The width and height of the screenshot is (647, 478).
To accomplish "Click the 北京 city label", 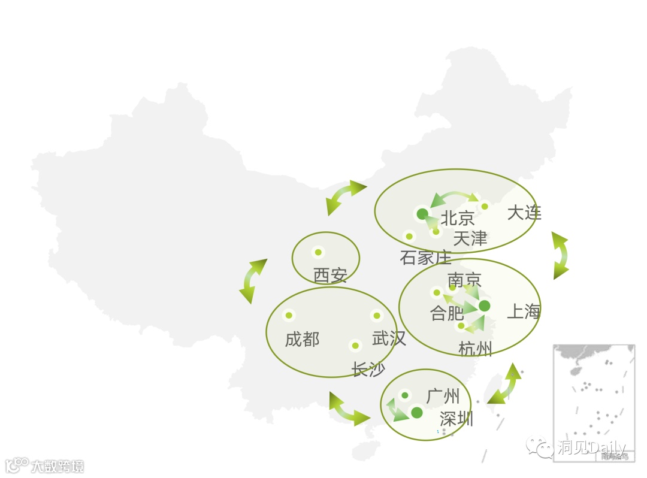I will point(458,218).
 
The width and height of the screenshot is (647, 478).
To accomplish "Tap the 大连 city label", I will point(524,213).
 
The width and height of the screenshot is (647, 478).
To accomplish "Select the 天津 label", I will point(470,238).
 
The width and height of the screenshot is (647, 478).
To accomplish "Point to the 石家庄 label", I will point(425,258).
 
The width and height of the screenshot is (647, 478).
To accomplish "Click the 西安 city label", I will point(330,276).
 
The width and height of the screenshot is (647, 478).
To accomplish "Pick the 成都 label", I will point(302,340).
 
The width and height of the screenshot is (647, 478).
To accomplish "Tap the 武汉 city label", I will point(389,338).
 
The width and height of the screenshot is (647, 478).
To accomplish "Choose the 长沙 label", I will point(368,370).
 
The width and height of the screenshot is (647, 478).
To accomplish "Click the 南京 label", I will point(464,280).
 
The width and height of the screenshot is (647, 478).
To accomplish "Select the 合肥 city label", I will point(447,313).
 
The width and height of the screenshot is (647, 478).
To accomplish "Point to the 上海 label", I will point(524,311).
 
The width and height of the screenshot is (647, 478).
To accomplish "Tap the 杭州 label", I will point(475,348).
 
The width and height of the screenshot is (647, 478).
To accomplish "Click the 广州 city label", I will point(443,396).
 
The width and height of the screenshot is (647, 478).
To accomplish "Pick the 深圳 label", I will point(456,419).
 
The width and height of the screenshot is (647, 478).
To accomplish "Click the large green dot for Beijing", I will point(422,214).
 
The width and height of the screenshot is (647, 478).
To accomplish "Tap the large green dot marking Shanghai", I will point(485,306).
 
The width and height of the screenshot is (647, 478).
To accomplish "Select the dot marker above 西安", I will point(318,252).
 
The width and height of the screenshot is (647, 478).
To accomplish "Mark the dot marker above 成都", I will point(289,315).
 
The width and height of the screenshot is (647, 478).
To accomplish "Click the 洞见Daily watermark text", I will point(590,447).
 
